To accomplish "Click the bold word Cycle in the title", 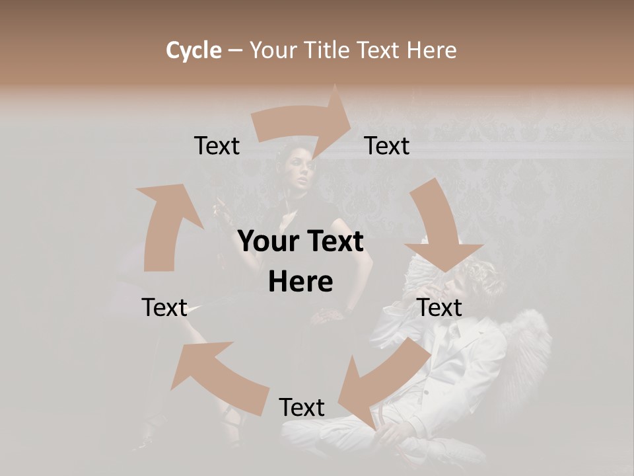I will (194, 50).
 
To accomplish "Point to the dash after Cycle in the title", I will (235, 50).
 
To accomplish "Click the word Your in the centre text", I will (264, 242).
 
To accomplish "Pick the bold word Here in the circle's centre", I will (300, 282).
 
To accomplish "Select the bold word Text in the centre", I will (332, 242).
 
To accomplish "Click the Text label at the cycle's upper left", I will (217, 146).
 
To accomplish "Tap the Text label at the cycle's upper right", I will (387, 146).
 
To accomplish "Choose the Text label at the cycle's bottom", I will (302, 407).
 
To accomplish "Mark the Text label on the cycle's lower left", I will (164, 307).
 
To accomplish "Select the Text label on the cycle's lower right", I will (439, 307).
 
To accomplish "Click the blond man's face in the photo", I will (456, 281).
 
